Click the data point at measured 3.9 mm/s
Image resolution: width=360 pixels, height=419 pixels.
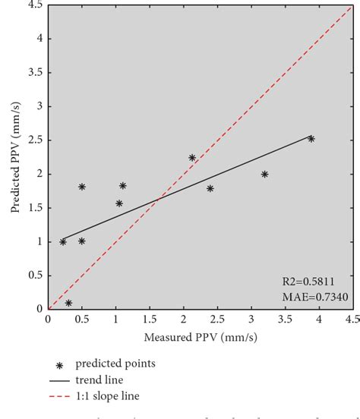[x=311, y=139]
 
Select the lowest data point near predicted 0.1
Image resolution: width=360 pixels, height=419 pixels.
[x=68, y=303]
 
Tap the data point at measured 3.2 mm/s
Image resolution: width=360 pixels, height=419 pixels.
[x=264, y=174]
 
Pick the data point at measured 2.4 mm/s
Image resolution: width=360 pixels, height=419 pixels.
[x=210, y=188]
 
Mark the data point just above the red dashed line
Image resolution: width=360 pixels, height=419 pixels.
[x=192, y=158]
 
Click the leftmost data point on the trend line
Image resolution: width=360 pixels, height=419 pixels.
[x=63, y=241]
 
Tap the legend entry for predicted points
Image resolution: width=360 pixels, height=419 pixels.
[x=122, y=364]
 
